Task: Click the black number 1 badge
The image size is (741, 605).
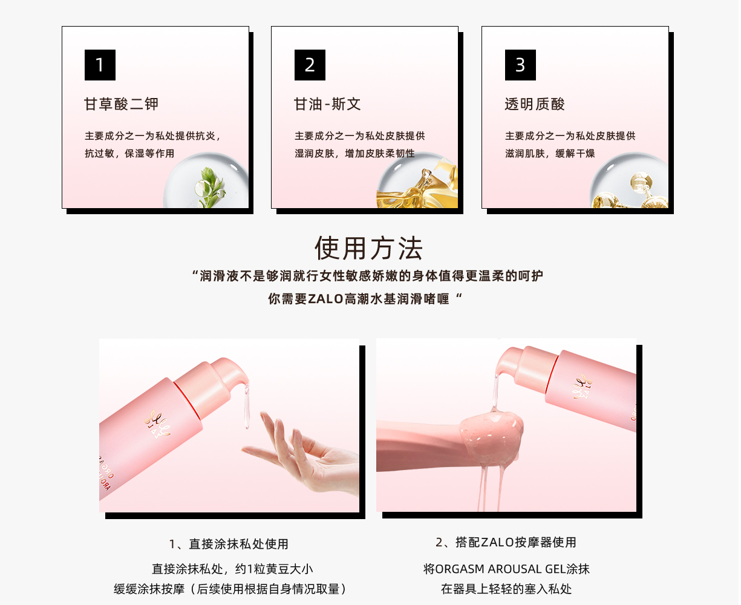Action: [100, 65]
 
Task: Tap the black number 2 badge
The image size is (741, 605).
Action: [310, 65]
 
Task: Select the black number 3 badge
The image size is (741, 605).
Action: [520, 65]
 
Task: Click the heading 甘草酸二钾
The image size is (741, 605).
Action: [122, 104]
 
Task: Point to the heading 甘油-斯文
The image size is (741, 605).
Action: [327, 104]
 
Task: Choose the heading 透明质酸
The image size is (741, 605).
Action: [535, 104]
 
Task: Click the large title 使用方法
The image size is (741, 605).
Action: [369, 249]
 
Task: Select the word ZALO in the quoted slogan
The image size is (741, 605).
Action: [325, 299]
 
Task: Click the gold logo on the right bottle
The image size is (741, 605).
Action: [582, 387]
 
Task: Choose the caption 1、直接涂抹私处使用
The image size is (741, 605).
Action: [229, 544]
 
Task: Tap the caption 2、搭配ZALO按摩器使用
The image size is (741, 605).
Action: [506, 542]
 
